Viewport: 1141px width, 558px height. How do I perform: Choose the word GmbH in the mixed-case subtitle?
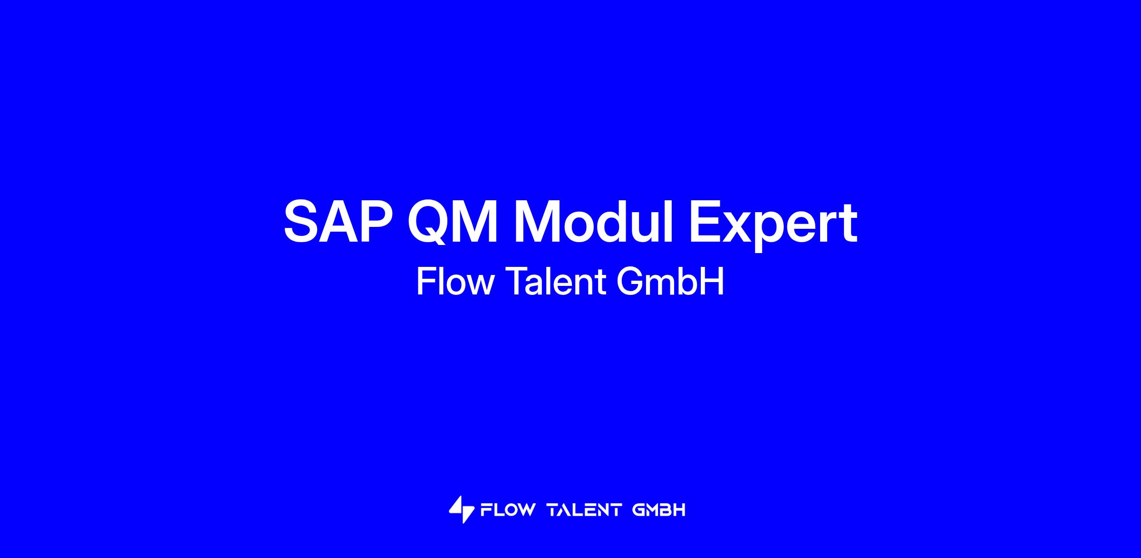click(670, 282)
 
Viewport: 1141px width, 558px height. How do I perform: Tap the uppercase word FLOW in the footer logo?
click(508, 510)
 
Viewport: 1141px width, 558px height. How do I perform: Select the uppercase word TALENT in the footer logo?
click(584, 510)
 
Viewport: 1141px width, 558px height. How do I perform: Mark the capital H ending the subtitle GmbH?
click(713, 282)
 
